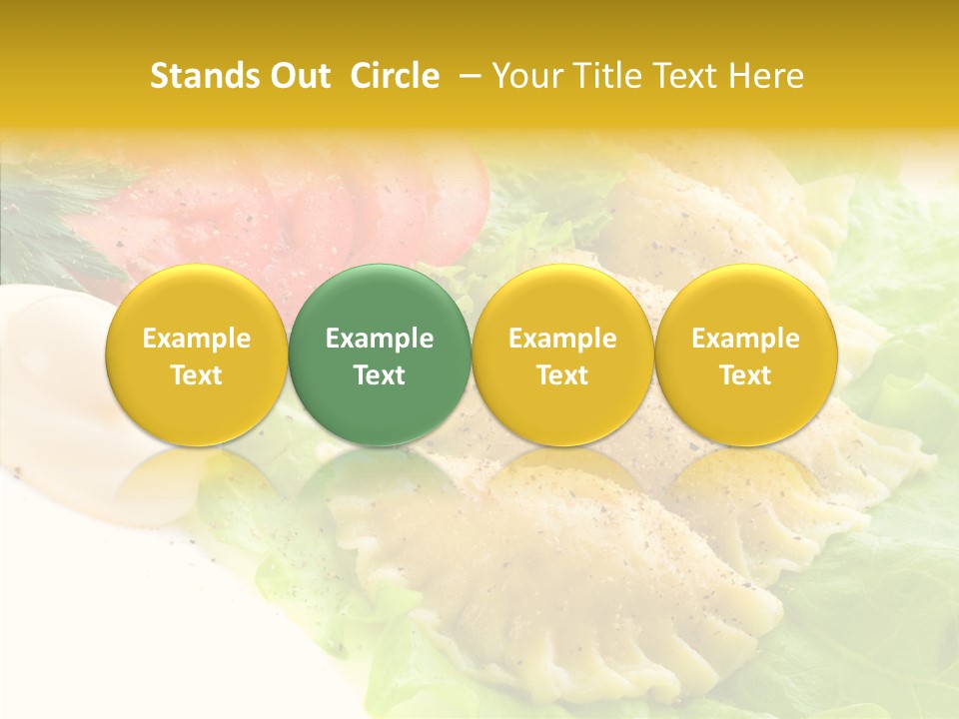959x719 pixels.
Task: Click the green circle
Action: (380, 355)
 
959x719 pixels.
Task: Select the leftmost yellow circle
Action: (197, 355)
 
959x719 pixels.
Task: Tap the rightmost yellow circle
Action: (746, 355)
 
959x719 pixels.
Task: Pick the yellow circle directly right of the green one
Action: (562, 355)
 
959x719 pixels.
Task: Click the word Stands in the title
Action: (204, 77)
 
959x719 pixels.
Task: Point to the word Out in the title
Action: (299, 77)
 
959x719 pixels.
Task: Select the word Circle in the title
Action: (395, 77)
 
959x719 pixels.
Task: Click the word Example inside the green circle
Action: (380, 339)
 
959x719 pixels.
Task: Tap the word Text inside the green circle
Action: (380, 375)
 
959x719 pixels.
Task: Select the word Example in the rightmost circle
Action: (746, 339)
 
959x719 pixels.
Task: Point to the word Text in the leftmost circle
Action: (197, 375)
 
